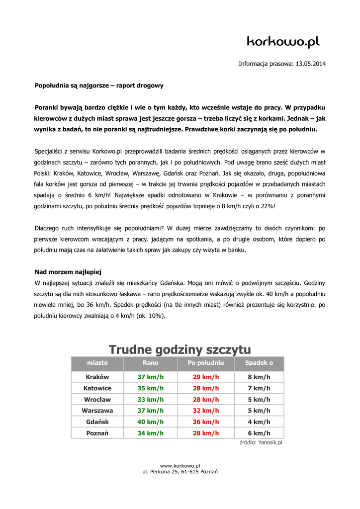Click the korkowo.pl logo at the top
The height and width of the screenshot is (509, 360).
(283, 42)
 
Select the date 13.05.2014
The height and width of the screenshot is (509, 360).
(311, 64)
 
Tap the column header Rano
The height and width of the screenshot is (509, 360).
(150, 363)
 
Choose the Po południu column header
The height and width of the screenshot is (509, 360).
(206, 363)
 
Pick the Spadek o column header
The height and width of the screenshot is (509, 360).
(259, 363)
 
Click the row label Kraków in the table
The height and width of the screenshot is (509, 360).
(97, 377)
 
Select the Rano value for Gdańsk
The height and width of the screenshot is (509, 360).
(150, 422)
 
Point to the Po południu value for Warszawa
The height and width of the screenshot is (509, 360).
(206, 411)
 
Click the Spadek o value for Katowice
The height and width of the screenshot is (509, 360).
(259, 388)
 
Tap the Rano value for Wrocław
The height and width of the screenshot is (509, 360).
(150, 399)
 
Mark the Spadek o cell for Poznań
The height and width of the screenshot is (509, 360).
(259, 433)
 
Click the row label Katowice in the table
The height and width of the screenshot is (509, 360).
(97, 388)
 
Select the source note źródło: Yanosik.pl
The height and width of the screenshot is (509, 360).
(261, 442)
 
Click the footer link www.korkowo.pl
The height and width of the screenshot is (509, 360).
(180, 465)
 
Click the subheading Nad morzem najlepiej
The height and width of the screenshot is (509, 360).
(68, 272)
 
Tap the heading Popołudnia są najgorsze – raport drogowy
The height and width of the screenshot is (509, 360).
(99, 85)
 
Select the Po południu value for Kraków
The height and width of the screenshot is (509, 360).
(206, 377)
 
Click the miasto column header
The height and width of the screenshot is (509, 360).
(97, 363)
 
